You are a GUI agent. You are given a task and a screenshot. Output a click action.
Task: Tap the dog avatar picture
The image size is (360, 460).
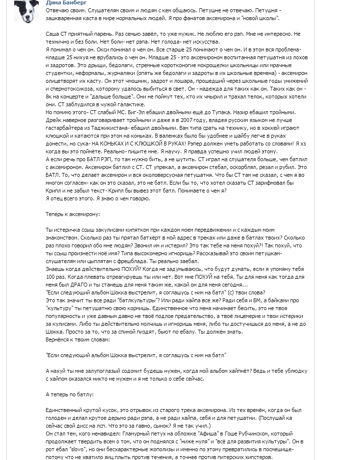[x=26, y=11]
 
